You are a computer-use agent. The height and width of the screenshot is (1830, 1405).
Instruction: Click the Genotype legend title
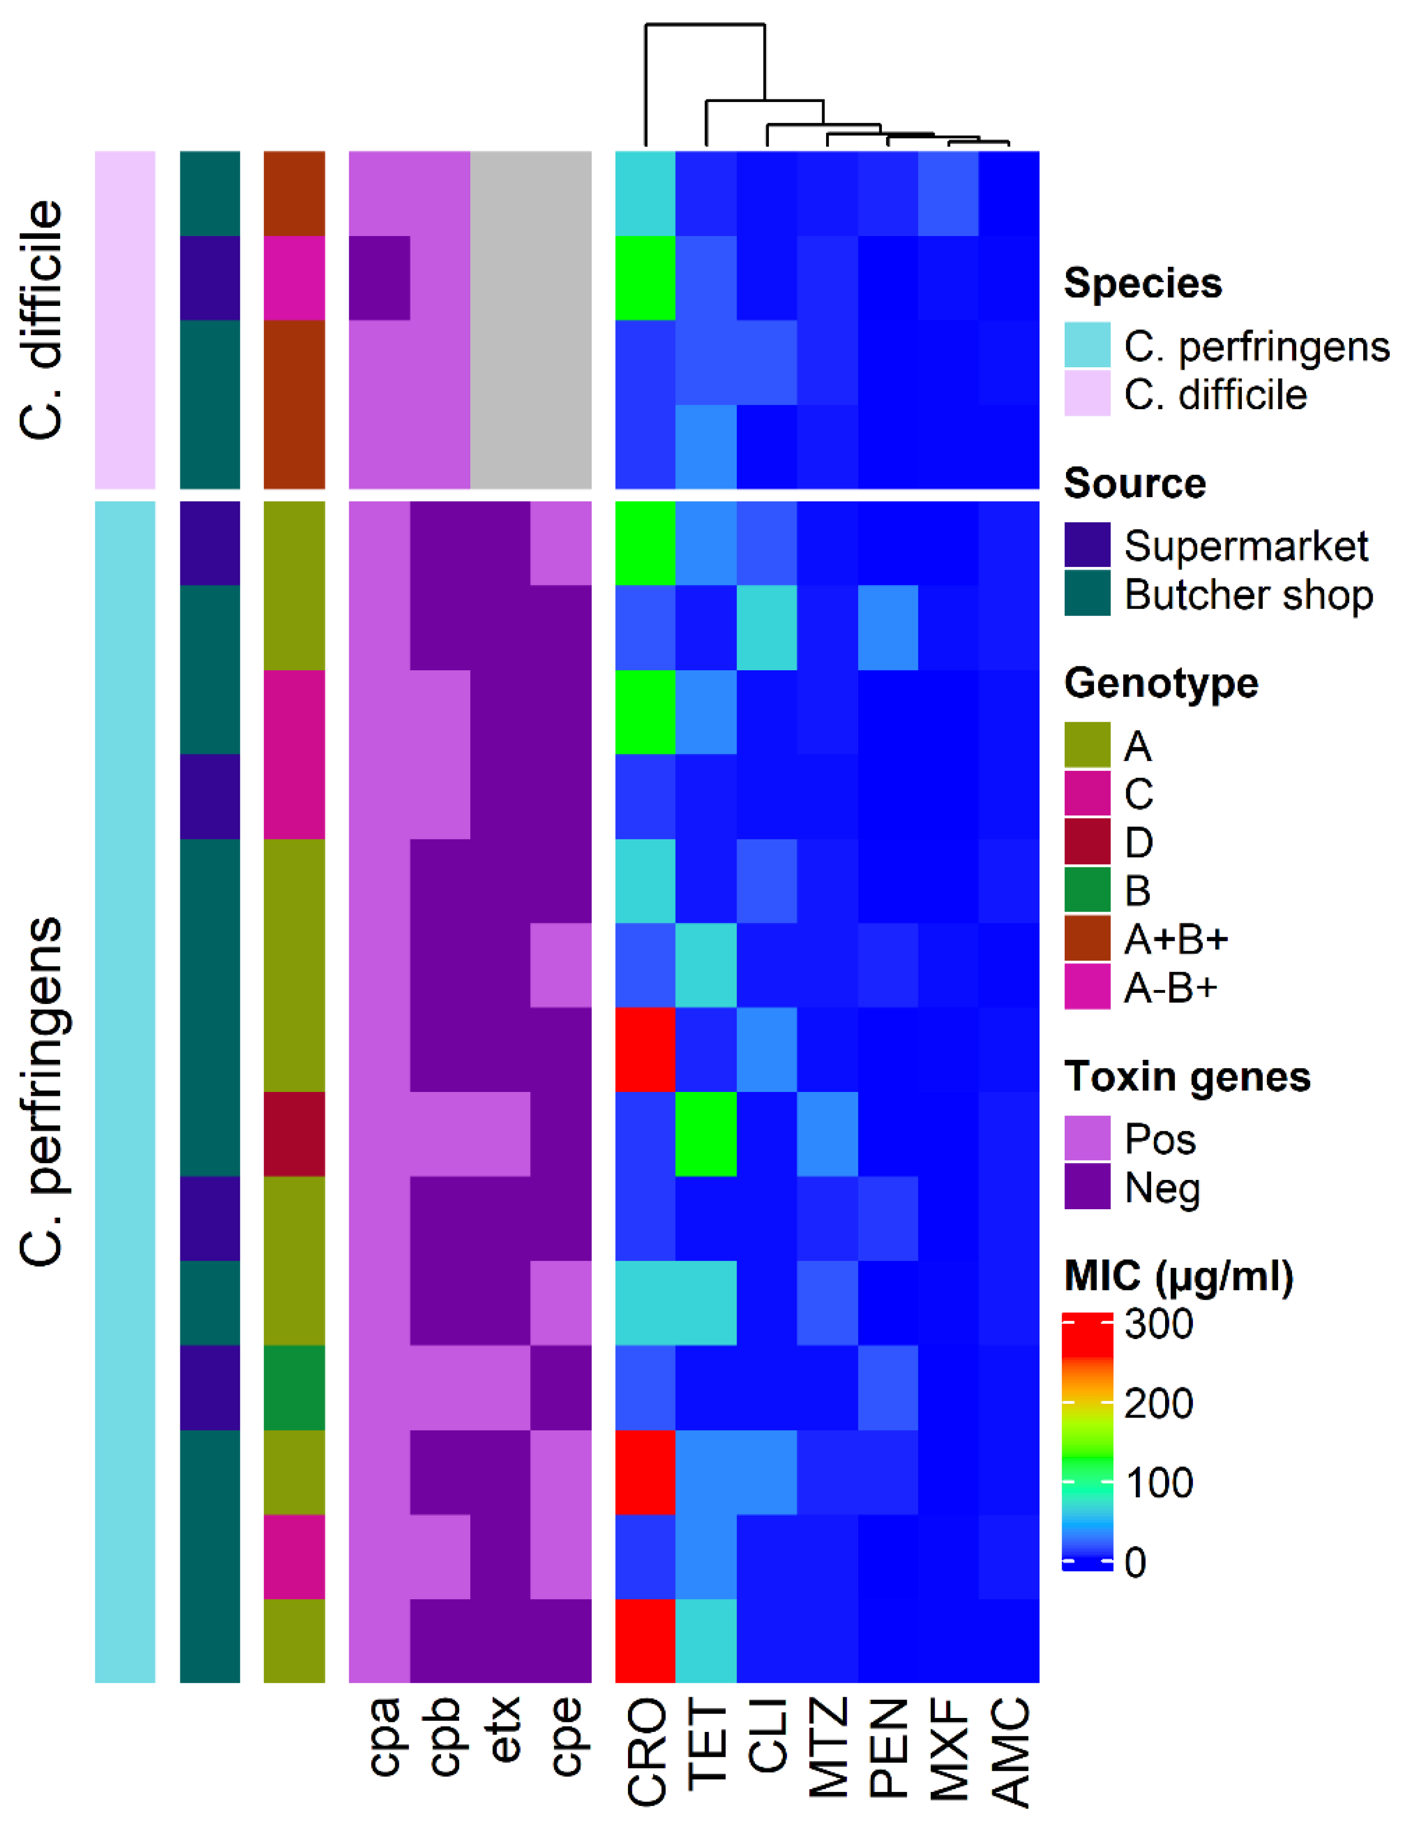(x=1161, y=683)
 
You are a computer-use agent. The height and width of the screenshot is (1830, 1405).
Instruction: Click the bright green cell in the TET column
(x=706, y=1133)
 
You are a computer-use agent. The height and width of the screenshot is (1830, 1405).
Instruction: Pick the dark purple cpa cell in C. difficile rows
(x=379, y=278)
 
